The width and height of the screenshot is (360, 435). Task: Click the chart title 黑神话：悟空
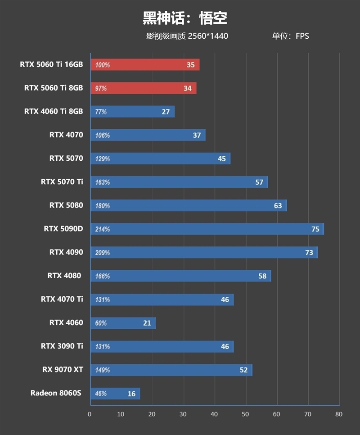coord(185,18)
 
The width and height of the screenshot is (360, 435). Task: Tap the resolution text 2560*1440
coord(208,36)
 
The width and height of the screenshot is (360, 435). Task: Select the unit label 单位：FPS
coord(290,36)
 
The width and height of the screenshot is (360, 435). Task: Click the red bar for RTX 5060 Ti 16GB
coord(144,65)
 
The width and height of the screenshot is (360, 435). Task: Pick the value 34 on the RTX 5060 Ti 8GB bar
coord(188,88)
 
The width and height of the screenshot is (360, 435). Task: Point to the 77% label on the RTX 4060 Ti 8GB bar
coord(101,112)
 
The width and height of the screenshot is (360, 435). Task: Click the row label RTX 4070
coord(66,134)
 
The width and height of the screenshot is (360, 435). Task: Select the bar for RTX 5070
coord(160,159)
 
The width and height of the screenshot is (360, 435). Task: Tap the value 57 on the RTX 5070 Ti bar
coord(259,182)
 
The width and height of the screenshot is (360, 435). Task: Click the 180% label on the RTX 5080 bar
coord(103,206)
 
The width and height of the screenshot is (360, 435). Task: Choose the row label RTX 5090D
coord(63,228)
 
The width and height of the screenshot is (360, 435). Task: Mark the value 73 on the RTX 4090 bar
coord(309,253)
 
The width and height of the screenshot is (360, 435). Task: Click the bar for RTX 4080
coord(180,276)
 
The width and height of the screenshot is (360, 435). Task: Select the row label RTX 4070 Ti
coord(62,299)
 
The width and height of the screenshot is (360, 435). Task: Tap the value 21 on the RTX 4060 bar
coord(147,323)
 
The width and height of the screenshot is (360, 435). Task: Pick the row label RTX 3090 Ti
coord(62,346)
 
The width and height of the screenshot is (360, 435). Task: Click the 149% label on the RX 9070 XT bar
coord(103,370)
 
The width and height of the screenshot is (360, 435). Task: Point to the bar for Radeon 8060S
coord(115,394)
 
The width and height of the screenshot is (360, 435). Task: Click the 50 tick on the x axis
coord(245,414)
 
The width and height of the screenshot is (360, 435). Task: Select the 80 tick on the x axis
coord(339,414)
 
